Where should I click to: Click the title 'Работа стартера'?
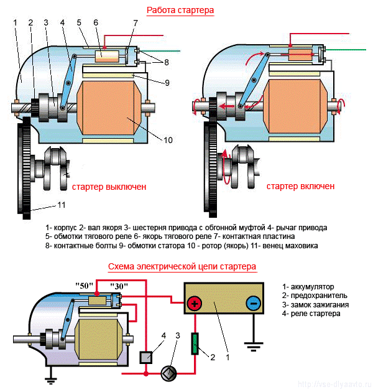180,11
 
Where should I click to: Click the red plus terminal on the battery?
195,304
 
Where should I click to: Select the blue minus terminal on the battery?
253,304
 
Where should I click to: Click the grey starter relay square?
146,357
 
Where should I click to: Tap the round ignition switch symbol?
168,374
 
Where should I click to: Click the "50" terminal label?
85,286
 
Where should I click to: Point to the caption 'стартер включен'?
300,187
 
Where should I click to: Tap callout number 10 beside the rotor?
168,140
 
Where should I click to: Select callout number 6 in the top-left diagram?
96,23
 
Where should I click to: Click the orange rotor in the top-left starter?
109,107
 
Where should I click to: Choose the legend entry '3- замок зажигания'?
315,305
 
